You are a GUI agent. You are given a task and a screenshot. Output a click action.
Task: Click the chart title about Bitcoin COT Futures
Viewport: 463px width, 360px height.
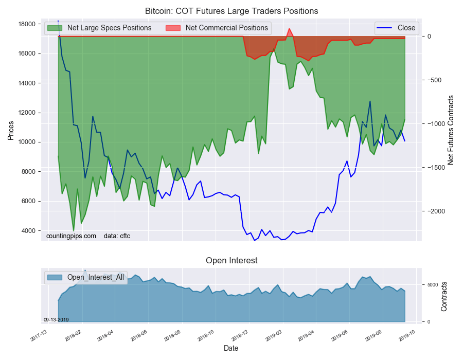coord(232,11)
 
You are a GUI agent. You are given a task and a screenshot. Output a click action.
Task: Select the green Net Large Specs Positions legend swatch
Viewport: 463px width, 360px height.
coord(55,28)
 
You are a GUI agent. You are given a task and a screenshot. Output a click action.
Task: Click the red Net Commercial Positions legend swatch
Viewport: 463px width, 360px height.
coord(173,28)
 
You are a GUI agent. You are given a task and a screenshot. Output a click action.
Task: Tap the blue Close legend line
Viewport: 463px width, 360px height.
coord(385,28)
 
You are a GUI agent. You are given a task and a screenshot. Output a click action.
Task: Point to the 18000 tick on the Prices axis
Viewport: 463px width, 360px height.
coord(27,24)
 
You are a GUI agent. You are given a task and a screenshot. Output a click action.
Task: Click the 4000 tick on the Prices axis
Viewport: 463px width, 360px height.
coord(29,231)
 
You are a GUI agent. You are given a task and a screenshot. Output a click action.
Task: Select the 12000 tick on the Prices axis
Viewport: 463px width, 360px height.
coord(27,113)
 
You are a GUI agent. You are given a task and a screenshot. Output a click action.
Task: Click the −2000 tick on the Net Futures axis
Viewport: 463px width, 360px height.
coord(435,211)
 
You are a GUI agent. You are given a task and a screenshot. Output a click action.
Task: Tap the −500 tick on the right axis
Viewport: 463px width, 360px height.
coord(434,80)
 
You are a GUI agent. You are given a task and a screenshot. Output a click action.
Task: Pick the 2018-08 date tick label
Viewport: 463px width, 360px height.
coord(172,335)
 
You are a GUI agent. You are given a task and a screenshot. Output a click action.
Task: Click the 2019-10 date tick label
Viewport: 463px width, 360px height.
coord(407,335)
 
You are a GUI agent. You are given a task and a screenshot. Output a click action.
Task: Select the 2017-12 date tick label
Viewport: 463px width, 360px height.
coord(39,335)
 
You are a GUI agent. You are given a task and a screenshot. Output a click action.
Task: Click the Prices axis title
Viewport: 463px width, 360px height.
coord(11,131)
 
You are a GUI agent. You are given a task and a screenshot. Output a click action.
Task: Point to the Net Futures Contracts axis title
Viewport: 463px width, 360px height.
coord(451,130)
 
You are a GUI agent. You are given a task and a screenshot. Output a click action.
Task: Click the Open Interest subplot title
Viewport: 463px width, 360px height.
coord(232,261)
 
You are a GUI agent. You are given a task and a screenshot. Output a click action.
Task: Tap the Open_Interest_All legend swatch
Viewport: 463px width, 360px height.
coord(55,277)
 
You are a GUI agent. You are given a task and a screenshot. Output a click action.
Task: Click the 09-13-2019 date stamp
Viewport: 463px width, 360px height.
coord(56,320)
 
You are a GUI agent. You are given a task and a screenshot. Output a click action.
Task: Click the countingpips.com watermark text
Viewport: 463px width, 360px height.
coord(71,236)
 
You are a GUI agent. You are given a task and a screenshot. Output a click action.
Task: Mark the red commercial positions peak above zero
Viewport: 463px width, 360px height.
coord(289,29)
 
